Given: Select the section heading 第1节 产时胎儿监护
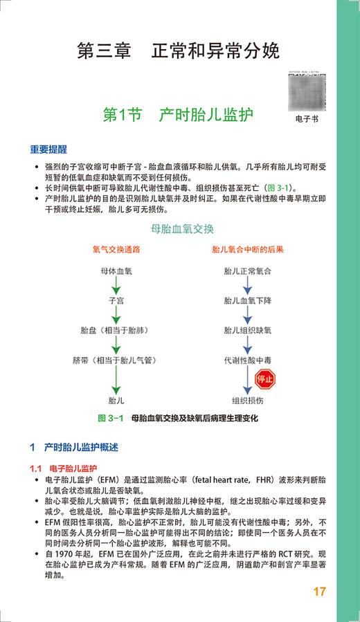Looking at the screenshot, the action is [177, 115].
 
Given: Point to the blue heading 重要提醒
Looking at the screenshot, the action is [48, 149].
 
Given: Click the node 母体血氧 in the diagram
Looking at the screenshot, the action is [116, 271].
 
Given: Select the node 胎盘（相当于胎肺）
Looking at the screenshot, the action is [116, 331].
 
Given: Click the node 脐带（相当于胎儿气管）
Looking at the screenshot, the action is [116, 360].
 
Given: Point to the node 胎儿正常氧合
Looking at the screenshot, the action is [247, 271].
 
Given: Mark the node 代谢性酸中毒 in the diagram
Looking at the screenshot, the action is [247, 360].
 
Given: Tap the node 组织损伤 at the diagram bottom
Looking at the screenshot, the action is [247, 399].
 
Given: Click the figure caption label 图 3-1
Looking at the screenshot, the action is [110, 419].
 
